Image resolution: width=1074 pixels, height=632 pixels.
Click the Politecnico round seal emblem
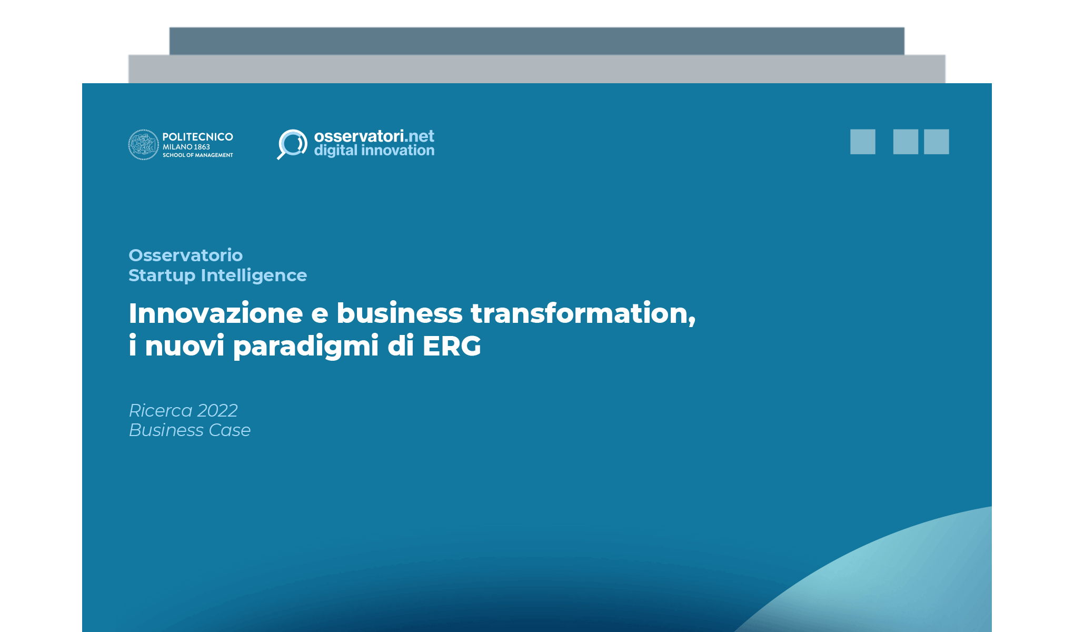tap(143, 144)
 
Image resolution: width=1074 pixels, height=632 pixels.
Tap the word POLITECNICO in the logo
tap(197, 137)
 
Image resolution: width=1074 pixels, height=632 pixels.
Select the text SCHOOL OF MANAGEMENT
tap(197, 155)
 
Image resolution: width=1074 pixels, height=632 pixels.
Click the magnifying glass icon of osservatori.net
tap(292, 143)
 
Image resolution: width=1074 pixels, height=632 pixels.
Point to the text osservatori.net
tap(374, 136)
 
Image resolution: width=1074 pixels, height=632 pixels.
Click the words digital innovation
tap(374, 151)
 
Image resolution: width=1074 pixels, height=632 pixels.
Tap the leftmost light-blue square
tap(862, 142)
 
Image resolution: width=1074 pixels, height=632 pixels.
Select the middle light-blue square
tap(906, 142)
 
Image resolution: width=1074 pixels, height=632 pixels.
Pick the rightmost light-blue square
tap(936, 142)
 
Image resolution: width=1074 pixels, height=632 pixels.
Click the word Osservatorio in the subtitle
tap(185, 255)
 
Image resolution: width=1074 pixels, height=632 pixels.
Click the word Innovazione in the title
tap(215, 313)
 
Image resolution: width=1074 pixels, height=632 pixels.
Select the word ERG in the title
tap(452, 346)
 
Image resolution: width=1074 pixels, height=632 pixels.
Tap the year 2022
tap(217, 410)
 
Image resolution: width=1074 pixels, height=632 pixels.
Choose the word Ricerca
tap(161, 410)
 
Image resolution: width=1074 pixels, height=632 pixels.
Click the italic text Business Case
tap(190, 430)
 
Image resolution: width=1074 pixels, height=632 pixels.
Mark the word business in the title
tap(399, 313)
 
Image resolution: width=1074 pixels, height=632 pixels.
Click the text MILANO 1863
tap(186, 147)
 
